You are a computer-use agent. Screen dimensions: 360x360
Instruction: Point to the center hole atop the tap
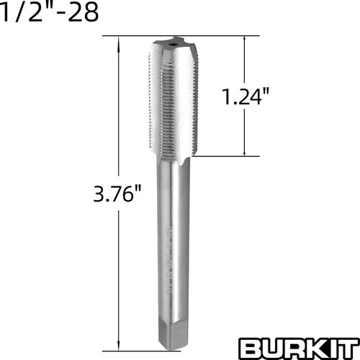click(x=174, y=44)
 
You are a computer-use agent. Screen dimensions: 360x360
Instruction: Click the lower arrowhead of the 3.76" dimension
click(x=117, y=344)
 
